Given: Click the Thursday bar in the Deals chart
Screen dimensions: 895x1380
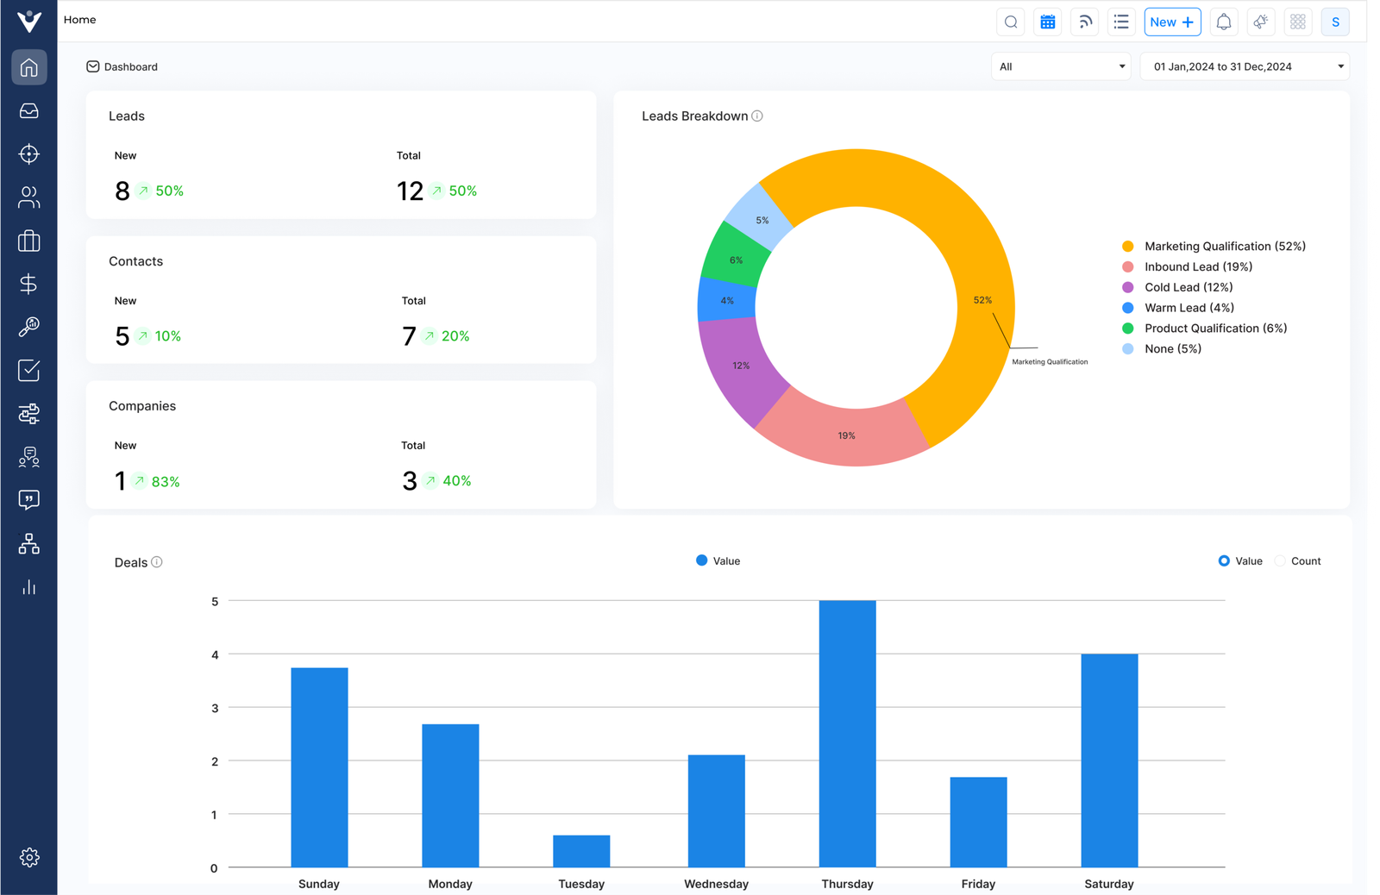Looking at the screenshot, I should [847, 733].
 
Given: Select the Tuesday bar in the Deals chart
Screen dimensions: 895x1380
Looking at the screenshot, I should [581, 851].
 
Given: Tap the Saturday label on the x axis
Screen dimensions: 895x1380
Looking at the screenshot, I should [1108, 884].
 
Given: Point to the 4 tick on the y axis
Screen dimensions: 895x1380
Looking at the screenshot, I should [215, 654].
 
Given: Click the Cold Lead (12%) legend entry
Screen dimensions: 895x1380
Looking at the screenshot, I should [1188, 287].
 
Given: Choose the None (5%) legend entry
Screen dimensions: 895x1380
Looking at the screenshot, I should [1172, 349].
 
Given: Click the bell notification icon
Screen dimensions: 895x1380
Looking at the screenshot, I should [1223, 22].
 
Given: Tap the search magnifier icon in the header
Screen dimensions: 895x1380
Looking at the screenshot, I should [1011, 22].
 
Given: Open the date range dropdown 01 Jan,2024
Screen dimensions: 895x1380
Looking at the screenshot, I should [1244, 66].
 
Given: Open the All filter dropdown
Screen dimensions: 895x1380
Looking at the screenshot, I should [1060, 66].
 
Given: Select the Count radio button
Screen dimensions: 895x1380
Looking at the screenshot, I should [1280, 561].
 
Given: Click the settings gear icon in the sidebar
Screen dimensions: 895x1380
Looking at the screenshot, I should [29, 857].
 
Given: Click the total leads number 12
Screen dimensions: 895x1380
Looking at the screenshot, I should [410, 191].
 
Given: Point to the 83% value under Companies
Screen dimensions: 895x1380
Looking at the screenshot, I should [166, 482].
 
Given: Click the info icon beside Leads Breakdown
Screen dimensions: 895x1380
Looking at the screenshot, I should [757, 116].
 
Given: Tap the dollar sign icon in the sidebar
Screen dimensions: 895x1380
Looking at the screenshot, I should [28, 284].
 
